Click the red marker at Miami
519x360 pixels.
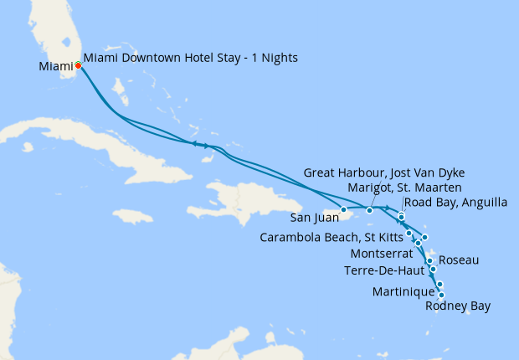(x=78, y=64)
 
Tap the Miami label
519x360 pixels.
(x=56, y=65)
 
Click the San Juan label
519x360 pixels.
(x=315, y=219)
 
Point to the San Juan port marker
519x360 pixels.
(x=344, y=209)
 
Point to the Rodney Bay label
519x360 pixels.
(x=458, y=306)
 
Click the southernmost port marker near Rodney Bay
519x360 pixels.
(x=441, y=295)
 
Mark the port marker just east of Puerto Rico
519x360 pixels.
(x=369, y=209)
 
